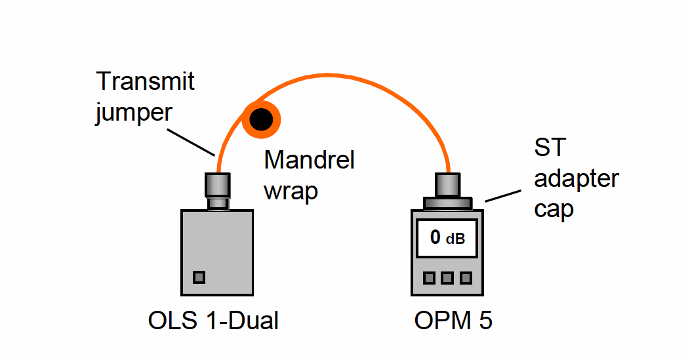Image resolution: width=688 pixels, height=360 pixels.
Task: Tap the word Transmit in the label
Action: click(146, 82)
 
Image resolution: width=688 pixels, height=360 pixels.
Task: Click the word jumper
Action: click(134, 112)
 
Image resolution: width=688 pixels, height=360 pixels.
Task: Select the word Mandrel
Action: click(309, 160)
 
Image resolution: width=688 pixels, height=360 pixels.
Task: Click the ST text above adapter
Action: click(548, 148)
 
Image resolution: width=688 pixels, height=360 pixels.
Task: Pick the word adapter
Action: click(577, 178)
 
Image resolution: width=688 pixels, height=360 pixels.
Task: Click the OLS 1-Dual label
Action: click(213, 321)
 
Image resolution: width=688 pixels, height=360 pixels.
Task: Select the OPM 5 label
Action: click(453, 321)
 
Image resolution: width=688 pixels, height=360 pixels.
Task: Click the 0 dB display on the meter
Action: click(447, 237)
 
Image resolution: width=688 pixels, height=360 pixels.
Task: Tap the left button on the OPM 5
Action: click(429, 278)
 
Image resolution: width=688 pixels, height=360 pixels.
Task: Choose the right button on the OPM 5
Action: click(466, 278)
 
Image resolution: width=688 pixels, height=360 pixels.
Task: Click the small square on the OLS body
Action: click(199, 277)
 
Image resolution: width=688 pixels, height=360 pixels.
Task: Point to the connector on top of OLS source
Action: click(218, 191)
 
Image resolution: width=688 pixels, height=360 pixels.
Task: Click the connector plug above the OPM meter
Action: click(448, 184)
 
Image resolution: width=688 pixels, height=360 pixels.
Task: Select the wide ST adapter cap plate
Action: click(447, 203)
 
